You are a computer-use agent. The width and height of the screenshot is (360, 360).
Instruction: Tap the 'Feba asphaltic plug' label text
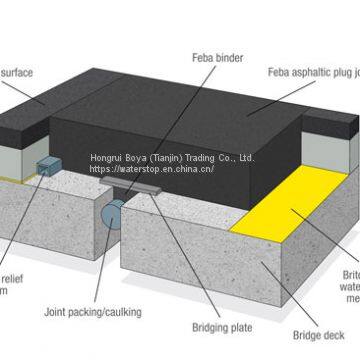[310, 72]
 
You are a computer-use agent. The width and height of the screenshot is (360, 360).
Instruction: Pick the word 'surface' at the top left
[18, 72]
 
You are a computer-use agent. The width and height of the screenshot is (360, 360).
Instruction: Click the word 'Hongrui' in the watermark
[108, 157]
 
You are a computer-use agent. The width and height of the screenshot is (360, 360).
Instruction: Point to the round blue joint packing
[114, 210]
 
